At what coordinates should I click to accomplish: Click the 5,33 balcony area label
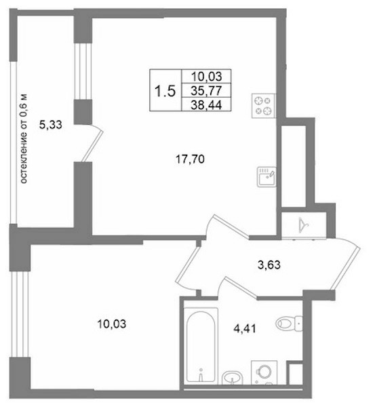click(x=51, y=125)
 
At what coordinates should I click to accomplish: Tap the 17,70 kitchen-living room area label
click(x=191, y=159)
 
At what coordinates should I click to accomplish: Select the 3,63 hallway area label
click(x=269, y=265)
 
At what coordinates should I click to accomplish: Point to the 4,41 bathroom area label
click(x=245, y=329)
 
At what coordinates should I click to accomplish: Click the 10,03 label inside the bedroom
click(x=112, y=324)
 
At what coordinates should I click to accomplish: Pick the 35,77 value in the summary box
click(x=206, y=91)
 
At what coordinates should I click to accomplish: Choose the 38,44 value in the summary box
click(x=206, y=105)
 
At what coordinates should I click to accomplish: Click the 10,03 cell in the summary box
click(x=207, y=77)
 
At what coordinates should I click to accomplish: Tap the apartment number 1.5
click(x=165, y=91)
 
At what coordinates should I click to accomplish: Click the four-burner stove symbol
click(x=263, y=106)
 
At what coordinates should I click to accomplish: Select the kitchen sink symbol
click(x=267, y=177)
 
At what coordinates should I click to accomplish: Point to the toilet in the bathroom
click(x=289, y=324)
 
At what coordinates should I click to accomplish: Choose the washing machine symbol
click(x=264, y=372)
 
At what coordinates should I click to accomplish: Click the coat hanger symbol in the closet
click(x=304, y=225)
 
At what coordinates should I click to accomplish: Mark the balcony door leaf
click(x=92, y=146)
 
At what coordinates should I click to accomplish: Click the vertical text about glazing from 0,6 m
click(x=24, y=138)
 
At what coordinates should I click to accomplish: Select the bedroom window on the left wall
click(x=20, y=314)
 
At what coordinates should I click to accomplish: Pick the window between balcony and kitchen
click(x=83, y=71)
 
